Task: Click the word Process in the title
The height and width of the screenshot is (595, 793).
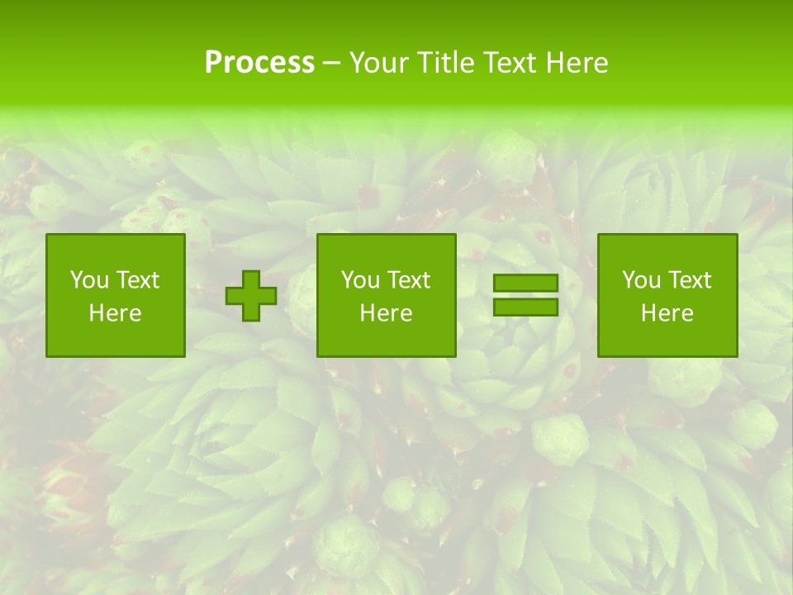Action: coord(259,63)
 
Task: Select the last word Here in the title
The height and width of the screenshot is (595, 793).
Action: coord(575,63)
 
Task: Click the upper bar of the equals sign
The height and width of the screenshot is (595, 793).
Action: coord(525,283)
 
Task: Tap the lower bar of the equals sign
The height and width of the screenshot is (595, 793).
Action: coord(525,307)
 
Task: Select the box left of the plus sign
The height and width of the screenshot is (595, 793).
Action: coord(116,296)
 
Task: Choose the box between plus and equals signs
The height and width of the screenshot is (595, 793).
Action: coord(386,296)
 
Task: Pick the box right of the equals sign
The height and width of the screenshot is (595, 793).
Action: coord(667,296)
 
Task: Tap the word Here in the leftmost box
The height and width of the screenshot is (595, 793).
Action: coord(116,313)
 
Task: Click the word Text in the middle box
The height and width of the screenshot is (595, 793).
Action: coord(408,280)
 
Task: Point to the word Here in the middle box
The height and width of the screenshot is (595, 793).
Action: coord(386,313)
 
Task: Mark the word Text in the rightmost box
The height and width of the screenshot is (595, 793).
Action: coord(689,280)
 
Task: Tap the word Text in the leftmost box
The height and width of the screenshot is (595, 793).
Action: coord(137,280)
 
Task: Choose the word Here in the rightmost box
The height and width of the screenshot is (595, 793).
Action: coord(667,313)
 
